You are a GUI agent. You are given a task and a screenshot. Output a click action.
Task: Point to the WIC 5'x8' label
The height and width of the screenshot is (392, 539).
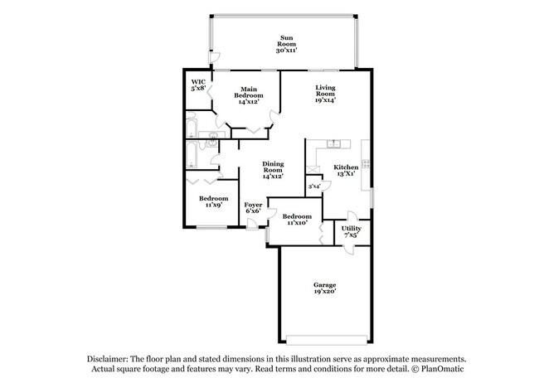click(x=198, y=86)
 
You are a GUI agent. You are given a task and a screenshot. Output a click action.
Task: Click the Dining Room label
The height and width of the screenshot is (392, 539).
click(x=273, y=170)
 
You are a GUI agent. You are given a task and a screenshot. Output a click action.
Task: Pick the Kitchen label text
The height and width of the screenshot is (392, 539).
click(x=346, y=170)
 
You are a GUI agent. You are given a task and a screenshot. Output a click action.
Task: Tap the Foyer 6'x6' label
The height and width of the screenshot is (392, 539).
click(x=253, y=207)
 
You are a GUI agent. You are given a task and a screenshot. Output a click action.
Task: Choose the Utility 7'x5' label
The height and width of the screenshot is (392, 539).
click(x=350, y=232)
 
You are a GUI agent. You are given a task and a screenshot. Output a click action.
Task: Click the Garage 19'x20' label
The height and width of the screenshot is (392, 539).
click(x=323, y=288)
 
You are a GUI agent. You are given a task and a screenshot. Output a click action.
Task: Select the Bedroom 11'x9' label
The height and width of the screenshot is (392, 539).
click(x=214, y=201)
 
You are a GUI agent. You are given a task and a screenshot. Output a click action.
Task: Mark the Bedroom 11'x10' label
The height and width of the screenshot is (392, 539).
click(x=297, y=218)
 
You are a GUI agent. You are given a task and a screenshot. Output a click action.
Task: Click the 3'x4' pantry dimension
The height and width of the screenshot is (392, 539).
click(x=314, y=187)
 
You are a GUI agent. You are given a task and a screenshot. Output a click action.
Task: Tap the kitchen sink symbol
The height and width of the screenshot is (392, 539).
click(x=333, y=143)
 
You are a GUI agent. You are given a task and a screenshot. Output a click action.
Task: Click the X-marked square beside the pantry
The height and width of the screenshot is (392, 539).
click(x=313, y=168)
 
